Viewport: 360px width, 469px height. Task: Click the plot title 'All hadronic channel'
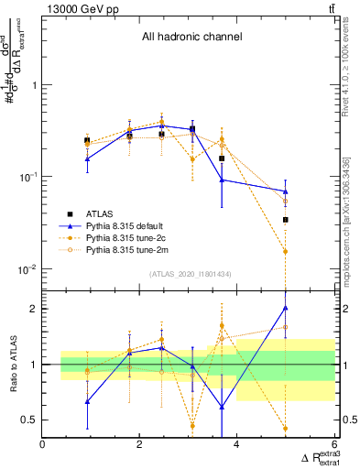pyautogui.click(x=191, y=38)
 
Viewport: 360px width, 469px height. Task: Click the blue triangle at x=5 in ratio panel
pyautogui.click(x=286, y=308)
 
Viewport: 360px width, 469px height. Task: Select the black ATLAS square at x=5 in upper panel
pyautogui.click(x=286, y=220)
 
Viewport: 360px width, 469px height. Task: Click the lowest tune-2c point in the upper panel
pyautogui.click(x=286, y=251)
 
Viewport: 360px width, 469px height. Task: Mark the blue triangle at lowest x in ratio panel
pyautogui.click(x=87, y=401)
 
